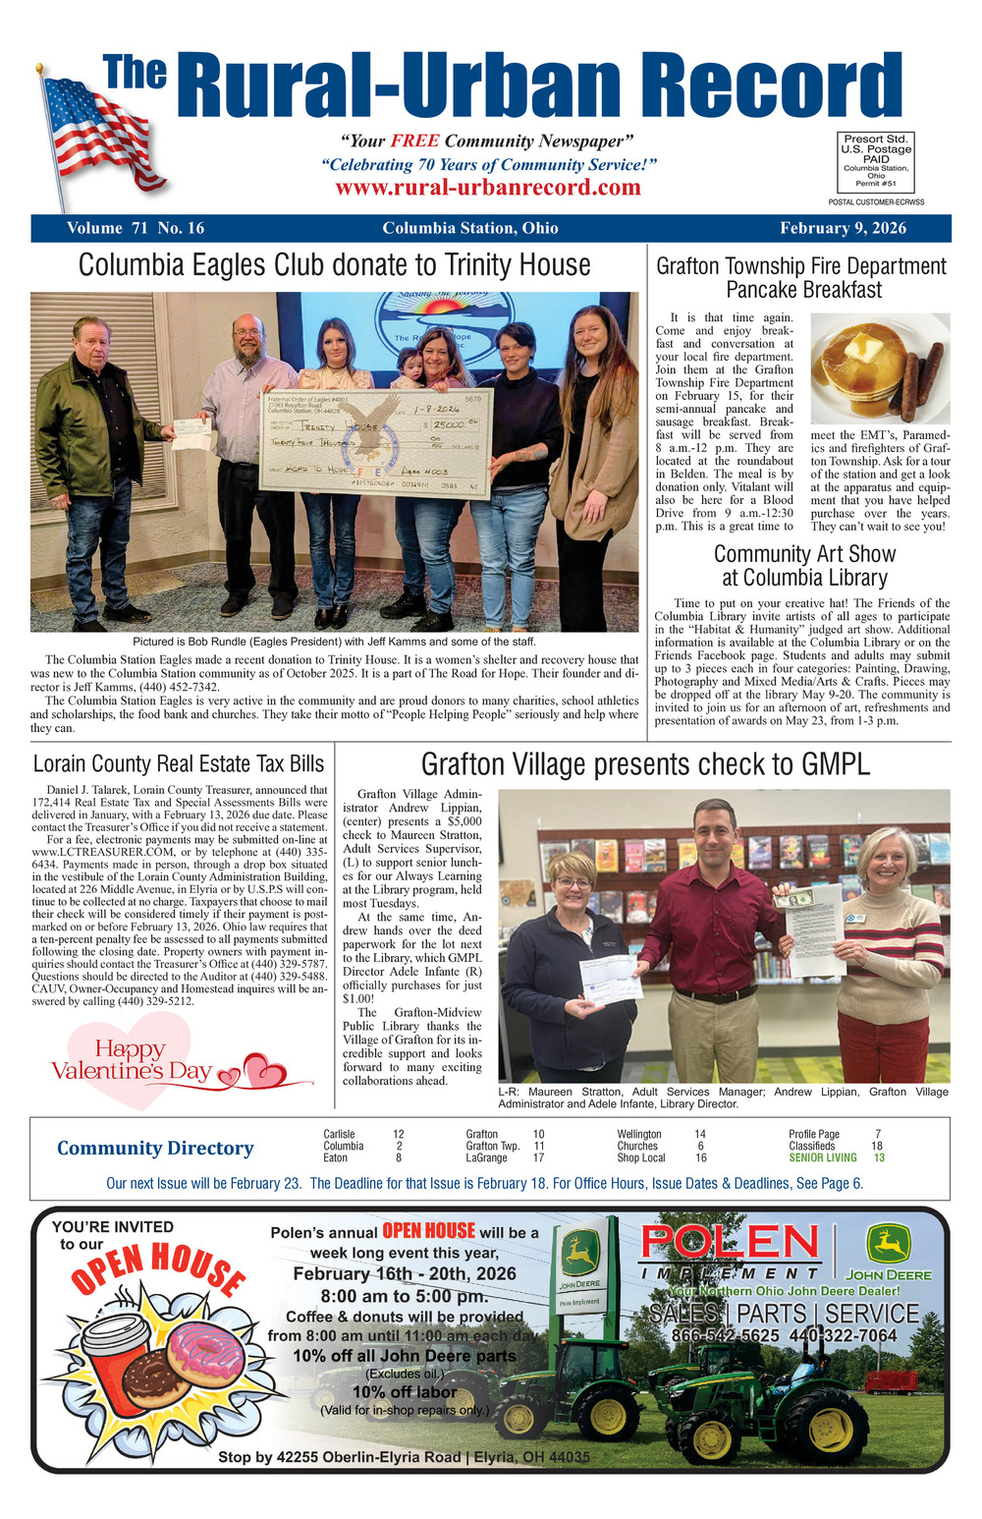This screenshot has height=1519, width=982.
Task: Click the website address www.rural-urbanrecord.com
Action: (488, 187)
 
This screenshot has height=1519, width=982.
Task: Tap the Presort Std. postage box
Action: (875, 161)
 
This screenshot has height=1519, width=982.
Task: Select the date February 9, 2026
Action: (843, 228)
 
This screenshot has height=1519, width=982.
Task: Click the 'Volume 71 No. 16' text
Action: (136, 228)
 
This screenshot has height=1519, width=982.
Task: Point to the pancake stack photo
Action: (880, 366)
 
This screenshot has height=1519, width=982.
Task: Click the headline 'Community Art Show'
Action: (804, 553)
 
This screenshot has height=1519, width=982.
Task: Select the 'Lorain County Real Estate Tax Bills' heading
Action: (179, 763)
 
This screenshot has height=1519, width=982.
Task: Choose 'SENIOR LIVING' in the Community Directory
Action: (823, 1157)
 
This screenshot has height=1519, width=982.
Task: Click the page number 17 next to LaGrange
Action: (538, 1157)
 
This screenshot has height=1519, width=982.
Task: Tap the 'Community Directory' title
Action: (155, 1148)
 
